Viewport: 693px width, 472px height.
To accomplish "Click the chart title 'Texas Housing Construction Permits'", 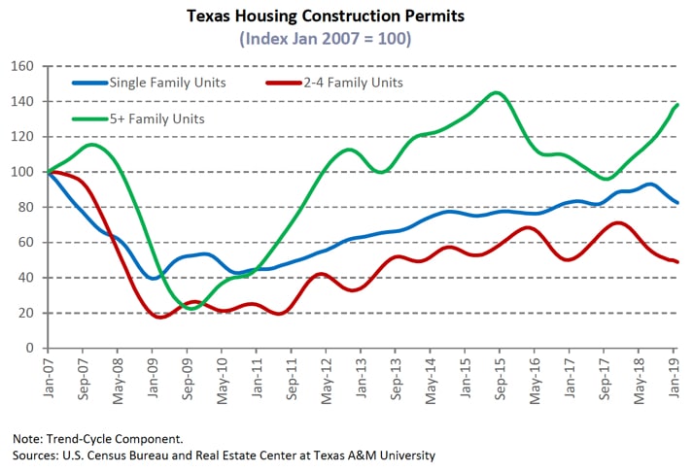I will point(346,17).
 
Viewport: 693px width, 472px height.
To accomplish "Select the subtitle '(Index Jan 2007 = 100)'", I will point(346,39).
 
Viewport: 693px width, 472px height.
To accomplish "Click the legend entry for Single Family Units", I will point(167,83).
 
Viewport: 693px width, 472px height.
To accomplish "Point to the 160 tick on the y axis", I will point(22,66).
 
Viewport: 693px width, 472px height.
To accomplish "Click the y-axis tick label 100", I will point(22,172).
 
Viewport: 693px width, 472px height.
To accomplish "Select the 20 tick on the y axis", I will point(26,313).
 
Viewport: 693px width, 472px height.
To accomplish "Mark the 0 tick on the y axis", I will point(30,348).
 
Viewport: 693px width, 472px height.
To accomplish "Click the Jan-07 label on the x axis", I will point(46,375).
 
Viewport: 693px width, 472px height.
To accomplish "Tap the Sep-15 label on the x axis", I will point(501,375).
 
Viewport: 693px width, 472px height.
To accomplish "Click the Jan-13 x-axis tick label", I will point(361,375).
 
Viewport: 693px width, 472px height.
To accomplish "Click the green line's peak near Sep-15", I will point(497,93).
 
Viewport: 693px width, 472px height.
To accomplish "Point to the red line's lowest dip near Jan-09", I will point(158,317).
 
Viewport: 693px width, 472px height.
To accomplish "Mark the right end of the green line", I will point(676,105).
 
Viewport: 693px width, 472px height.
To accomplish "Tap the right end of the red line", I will point(676,261).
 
